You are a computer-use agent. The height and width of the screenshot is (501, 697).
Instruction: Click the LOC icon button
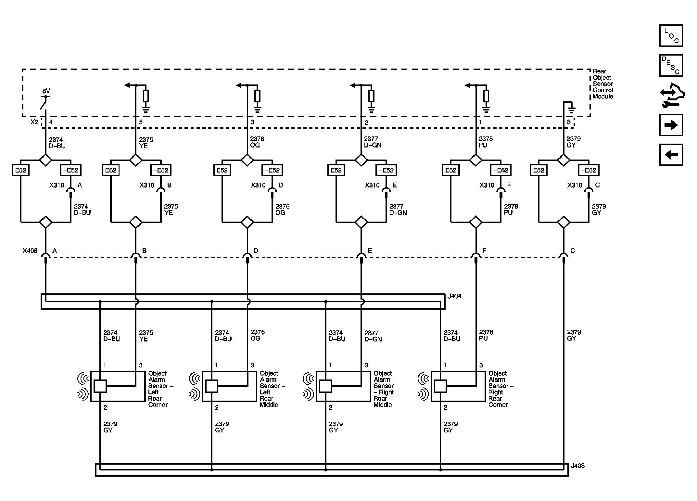671,35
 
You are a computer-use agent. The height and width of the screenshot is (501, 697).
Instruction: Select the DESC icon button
671,65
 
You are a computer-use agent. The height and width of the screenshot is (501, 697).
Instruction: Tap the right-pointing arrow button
671,125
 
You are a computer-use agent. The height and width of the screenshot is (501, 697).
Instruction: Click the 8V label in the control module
46,91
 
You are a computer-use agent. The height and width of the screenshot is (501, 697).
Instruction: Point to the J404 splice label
454,296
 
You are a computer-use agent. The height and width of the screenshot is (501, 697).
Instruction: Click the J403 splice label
577,466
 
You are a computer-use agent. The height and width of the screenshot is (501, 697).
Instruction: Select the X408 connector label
30,250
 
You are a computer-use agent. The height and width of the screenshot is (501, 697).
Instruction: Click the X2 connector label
34,122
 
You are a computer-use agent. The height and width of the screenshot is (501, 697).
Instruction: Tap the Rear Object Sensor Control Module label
602,84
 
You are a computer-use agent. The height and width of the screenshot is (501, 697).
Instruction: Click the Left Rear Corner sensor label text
158,389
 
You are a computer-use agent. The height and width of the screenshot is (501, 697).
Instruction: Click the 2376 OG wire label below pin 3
257,142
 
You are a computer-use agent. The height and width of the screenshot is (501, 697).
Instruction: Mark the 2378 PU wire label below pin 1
486,142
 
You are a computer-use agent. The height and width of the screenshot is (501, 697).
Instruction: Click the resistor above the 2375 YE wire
146,96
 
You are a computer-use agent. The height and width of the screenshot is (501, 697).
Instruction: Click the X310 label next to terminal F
487,185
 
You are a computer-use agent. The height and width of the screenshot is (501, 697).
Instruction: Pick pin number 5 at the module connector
141,122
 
